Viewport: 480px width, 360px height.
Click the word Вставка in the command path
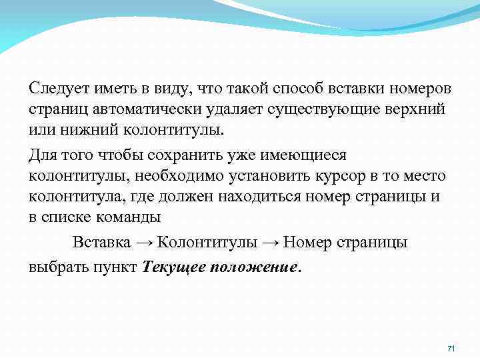point(101,242)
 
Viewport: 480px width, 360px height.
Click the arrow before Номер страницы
point(269,242)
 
